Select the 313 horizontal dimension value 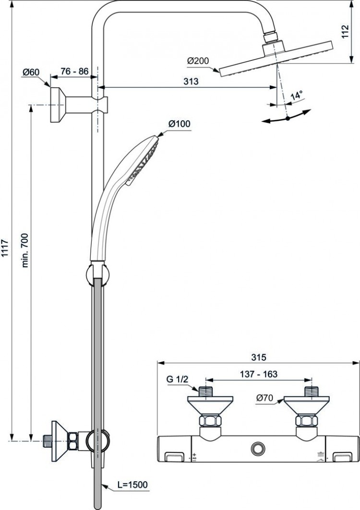click(x=191, y=81)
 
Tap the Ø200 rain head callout click(x=198, y=61)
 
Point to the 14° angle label click(x=296, y=96)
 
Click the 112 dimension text click(x=345, y=31)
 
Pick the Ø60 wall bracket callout click(x=31, y=71)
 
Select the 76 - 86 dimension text click(x=74, y=71)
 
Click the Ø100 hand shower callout click(x=180, y=124)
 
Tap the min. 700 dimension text click(x=25, y=250)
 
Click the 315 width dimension click(x=258, y=357)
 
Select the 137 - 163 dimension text click(x=259, y=374)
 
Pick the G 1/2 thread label click(x=178, y=379)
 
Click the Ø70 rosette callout click(x=264, y=398)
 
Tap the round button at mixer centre click(x=258, y=448)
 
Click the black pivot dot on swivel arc click(x=288, y=119)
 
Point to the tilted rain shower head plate click(x=276, y=59)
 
